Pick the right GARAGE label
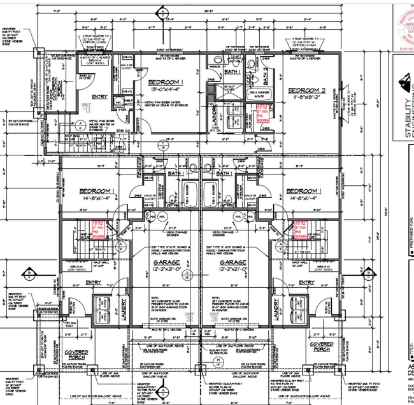coord(233,262)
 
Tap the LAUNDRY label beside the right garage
coord(275,309)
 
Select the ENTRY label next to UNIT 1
coord(99,97)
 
